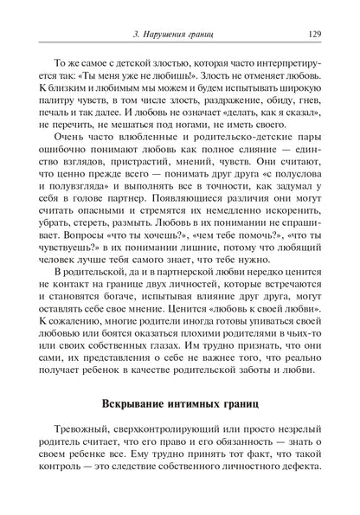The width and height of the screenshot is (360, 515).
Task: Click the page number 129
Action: click(315, 35)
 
